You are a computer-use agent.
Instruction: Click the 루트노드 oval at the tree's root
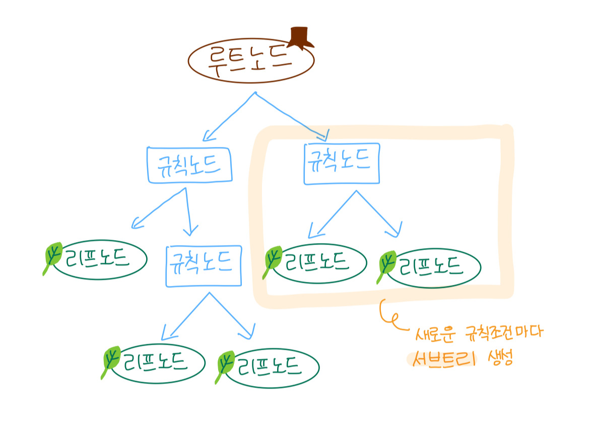(x=250, y=60)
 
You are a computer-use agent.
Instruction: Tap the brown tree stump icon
(x=301, y=37)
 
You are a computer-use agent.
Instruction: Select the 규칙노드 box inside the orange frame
(x=341, y=164)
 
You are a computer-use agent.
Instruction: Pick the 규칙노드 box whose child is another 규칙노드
(x=189, y=164)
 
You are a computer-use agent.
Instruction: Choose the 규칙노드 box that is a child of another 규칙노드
(x=203, y=266)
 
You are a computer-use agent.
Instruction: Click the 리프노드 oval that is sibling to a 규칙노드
(x=100, y=259)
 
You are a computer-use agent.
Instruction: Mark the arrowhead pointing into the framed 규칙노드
(x=324, y=135)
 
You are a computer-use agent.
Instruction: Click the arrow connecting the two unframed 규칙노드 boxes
(x=187, y=211)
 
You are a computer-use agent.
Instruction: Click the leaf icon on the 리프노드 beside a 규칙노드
(x=53, y=257)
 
